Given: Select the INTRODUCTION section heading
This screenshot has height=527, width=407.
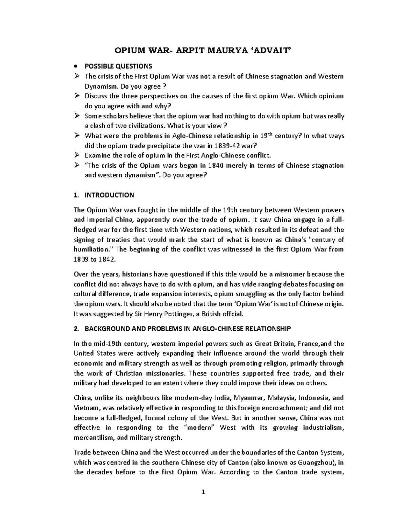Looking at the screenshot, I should (x=109, y=195).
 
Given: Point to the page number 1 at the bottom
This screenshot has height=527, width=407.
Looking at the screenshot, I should (x=203, y=492).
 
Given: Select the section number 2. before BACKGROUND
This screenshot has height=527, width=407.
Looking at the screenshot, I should (x=76, y=329).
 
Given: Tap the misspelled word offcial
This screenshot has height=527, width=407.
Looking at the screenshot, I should (x=232, y=314).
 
